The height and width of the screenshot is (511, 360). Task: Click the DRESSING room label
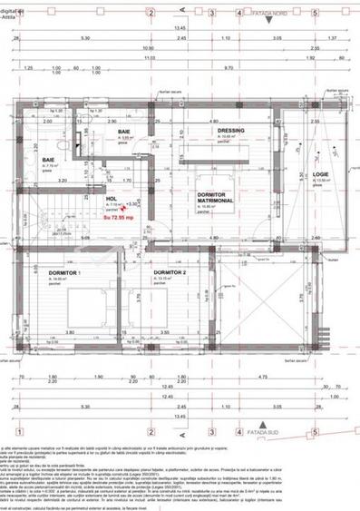click(x=231, y=131)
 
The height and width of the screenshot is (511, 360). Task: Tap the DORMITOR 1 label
click(x=65, y=272)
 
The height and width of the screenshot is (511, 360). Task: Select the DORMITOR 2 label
click(x=170, y=272)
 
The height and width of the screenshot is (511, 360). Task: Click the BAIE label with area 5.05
click(x=124, y=133)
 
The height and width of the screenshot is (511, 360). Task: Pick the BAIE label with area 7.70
click(x=46, y=159)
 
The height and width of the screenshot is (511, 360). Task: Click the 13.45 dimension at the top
click(x=180, y=28)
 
